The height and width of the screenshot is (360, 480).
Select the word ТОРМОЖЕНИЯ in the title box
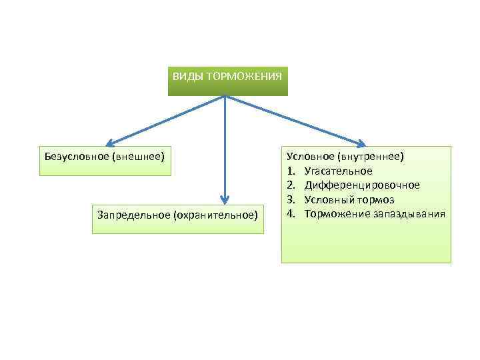click(244, 77)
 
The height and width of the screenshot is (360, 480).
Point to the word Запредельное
click(133, 215)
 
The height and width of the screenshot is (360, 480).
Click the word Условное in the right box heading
click(311, 156)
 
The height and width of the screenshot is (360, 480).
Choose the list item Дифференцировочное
click(362, 185)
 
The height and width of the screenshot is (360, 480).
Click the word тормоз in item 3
click(377, 199)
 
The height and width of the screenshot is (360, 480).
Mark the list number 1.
click(291, 171)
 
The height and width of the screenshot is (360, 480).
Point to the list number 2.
click(291, 185)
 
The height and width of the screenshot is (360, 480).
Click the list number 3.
click(291, 199)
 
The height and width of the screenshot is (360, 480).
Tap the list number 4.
click(291, 213)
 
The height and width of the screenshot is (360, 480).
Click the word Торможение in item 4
click(333, 213)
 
